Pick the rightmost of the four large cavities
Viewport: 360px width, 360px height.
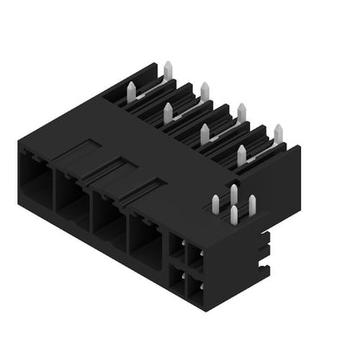pyautogui.click(x=145, y=235)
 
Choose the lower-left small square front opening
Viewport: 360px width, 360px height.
pyautogui.click(x=177, y=276)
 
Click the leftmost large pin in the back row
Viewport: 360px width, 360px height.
pyautogui.click(x=167, y=70)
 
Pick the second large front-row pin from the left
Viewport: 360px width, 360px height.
pyautogui.click(x=168, y=112)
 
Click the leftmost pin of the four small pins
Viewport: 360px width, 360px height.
pyautogui.click(x=215, y=203)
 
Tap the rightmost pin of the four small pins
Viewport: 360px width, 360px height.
pyautogui.click(x=252, y=204)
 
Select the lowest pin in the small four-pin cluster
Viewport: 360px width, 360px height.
pyautogui.click(x=234, y=214)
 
